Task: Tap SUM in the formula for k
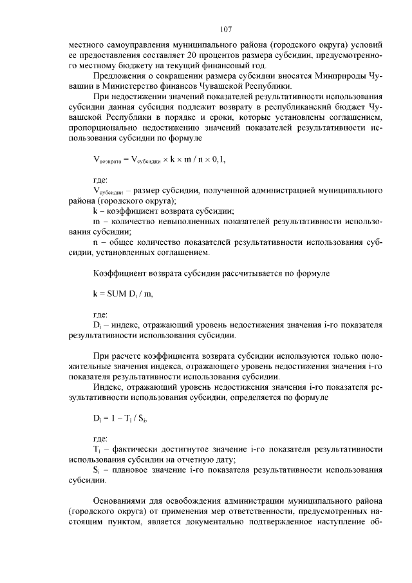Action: click(120, 294)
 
